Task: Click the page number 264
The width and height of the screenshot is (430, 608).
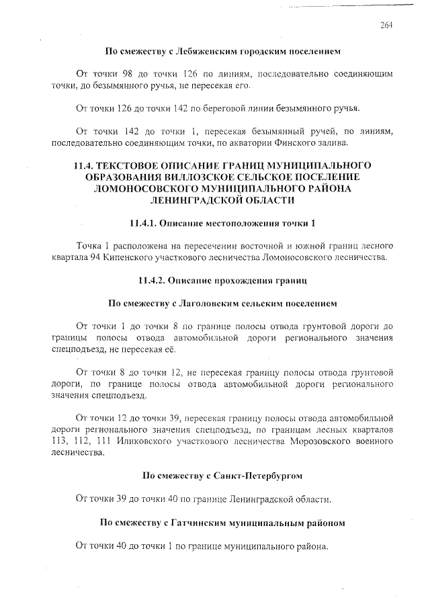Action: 386,26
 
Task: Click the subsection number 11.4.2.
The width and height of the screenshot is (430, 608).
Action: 153,279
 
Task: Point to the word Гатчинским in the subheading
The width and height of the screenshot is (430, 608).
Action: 196,521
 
